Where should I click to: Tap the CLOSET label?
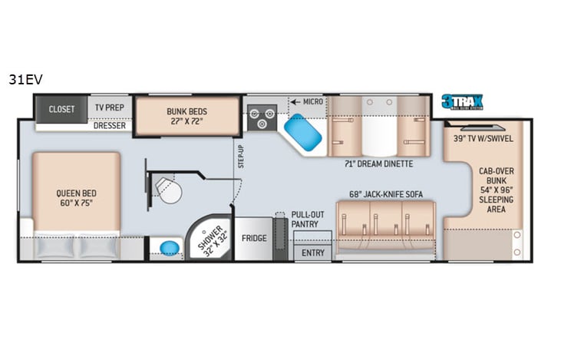point(61,109)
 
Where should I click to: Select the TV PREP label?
point(109,108)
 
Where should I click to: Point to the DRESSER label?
point(110,126)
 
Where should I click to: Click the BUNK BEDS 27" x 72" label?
point(187,117)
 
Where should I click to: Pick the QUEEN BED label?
point(75,198)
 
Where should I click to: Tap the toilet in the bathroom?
point(169,190)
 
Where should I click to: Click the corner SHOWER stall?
point(209,241)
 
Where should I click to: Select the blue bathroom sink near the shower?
point(168,248)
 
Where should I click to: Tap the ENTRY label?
point(312,253)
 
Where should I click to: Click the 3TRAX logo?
point(461,103)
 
